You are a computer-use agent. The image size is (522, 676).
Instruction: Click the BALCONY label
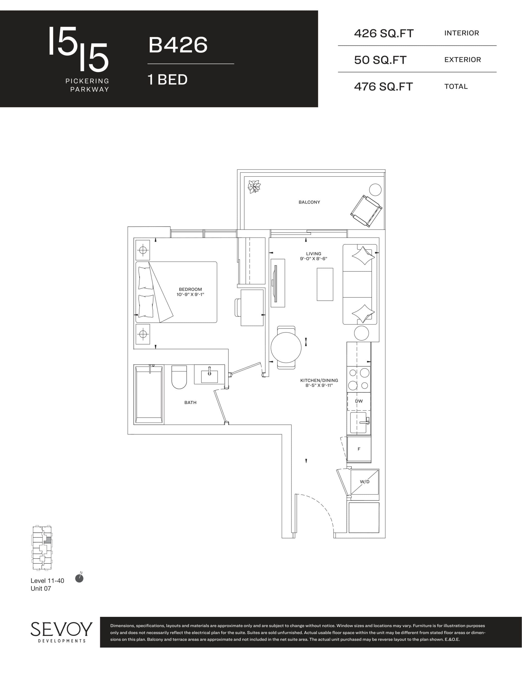309,202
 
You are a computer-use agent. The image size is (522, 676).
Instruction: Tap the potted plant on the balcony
254,187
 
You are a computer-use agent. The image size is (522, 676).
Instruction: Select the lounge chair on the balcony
366,211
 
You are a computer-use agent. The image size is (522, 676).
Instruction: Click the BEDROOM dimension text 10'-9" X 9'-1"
190,295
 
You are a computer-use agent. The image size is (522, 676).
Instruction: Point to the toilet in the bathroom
179,377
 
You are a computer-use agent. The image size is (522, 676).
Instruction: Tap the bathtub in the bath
149,394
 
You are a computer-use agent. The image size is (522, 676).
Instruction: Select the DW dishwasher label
359,401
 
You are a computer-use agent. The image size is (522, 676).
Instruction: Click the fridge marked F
359,449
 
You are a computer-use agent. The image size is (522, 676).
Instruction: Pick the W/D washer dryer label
365,482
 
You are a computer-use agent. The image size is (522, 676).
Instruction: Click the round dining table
286,347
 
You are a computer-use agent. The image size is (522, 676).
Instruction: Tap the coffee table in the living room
325,284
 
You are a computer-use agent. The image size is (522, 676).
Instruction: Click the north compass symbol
79,579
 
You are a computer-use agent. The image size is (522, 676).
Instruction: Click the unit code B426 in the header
178,45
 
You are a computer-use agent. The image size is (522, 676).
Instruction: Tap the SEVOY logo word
61,630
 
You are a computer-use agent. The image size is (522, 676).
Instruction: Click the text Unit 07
41,588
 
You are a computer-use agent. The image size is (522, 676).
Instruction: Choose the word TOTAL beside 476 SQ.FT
456,87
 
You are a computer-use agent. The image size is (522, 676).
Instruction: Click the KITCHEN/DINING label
319,381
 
